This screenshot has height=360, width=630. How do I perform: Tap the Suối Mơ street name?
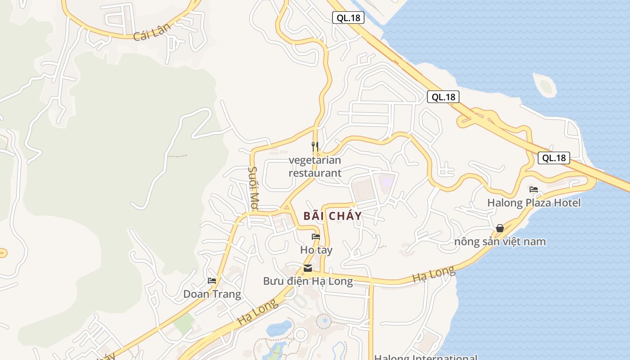coord(252,188)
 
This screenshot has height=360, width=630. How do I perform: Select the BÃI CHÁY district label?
coord(333,216)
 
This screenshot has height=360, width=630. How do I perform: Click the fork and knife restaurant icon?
coord(315,146)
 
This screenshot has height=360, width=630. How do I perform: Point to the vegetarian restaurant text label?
coord(315,166)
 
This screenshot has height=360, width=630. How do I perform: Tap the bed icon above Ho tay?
coord(316,237)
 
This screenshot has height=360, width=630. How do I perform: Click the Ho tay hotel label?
coord(316,250)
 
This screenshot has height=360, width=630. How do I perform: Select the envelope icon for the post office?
coord(308,269)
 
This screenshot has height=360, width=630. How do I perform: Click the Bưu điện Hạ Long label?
coord(308,281)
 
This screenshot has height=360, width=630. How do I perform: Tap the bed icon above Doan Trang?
coord(212,281)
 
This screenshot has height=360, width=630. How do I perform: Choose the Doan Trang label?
coord(212,294)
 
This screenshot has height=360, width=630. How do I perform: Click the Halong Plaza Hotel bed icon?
coord(534,189)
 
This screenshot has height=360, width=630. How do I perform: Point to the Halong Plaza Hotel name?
coord(534,203)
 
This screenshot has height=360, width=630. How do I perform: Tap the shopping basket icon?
coord(500,229)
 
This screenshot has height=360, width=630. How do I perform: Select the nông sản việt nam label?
coord(500,242)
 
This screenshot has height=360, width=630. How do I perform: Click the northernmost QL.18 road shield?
coord(348,18)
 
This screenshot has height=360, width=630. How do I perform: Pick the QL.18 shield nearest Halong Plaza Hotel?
coord(554,158)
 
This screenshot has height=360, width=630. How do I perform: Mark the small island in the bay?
coord(546,86)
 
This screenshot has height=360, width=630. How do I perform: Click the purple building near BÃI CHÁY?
coord(386,182)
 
